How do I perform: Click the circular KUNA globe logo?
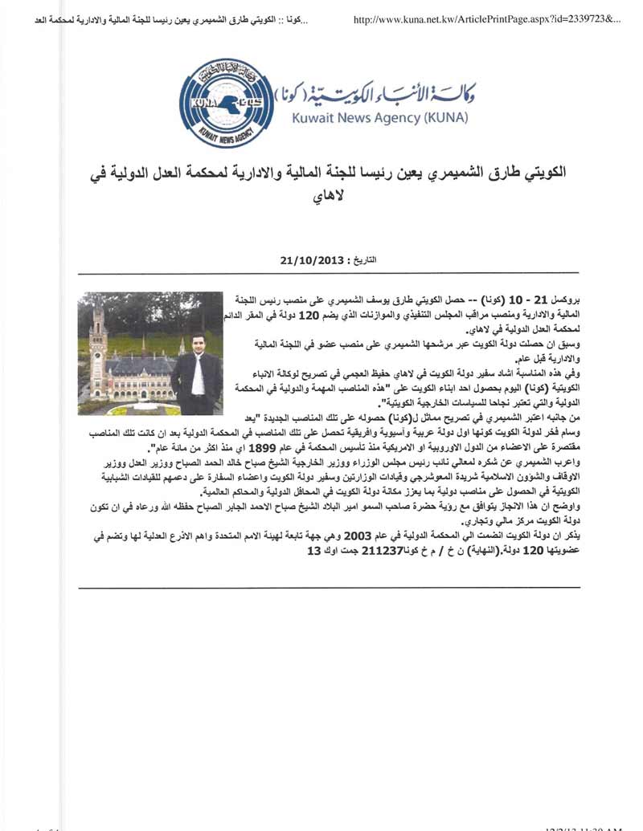pyautogui.click(x=226, y=102)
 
